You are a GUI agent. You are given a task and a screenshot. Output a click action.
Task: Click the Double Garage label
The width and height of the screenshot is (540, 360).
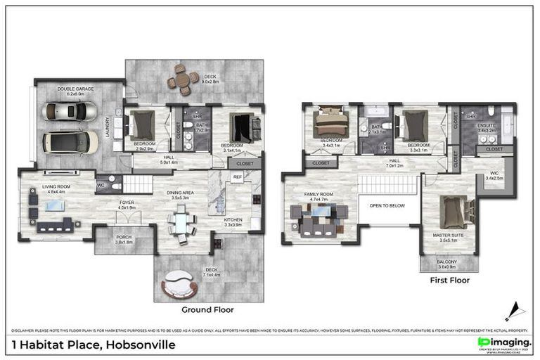point(71,91)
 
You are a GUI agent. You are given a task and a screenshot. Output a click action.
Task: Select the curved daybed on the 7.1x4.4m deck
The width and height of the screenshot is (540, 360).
point(181,285)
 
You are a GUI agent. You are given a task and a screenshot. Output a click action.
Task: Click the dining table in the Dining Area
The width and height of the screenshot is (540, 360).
point(182,226)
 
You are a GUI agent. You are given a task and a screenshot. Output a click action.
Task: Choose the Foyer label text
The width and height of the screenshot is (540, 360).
point(127,205)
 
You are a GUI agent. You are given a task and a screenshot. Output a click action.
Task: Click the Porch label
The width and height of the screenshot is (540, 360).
point(124,239)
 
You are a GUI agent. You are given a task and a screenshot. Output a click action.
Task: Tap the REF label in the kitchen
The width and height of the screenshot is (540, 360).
point(238,177)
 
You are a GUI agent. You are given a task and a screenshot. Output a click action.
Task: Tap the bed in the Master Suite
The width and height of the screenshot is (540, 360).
point(451,212)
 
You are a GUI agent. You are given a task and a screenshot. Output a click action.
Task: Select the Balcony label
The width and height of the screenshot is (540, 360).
point(447,264)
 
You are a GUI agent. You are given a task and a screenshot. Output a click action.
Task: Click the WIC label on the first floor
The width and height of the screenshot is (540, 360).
point(494,175)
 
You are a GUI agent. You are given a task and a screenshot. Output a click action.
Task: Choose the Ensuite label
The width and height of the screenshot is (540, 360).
point(489,129)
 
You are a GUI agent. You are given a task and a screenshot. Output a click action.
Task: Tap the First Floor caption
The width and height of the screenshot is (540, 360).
point(449,280)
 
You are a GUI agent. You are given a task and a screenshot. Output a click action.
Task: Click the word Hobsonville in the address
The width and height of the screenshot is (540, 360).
point(140,345)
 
